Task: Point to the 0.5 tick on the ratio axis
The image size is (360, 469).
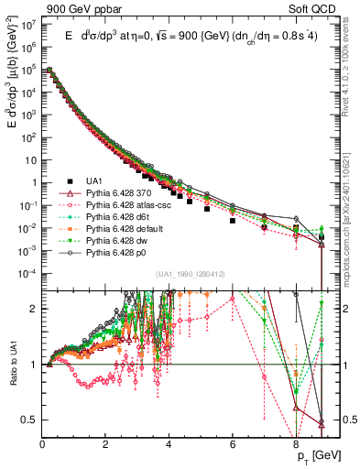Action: point(29,420)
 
